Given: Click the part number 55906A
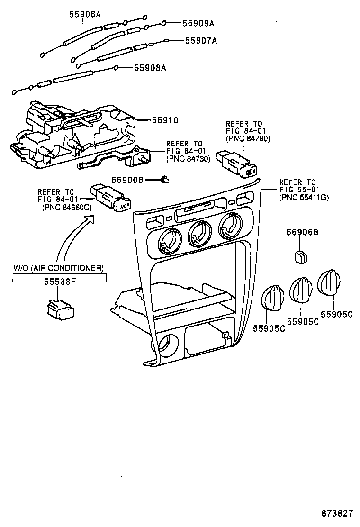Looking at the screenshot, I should (85, 14).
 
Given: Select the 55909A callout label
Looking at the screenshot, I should (198, 23).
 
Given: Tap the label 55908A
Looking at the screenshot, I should (150, 68).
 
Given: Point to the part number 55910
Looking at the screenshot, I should (165, 120).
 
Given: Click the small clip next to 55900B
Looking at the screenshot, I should (165, 180).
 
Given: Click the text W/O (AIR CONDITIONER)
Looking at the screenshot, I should (58, 268).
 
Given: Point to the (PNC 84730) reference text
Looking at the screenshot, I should (188, 159).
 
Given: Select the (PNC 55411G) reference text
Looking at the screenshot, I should (303, 197).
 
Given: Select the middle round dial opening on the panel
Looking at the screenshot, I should (198, 234).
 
